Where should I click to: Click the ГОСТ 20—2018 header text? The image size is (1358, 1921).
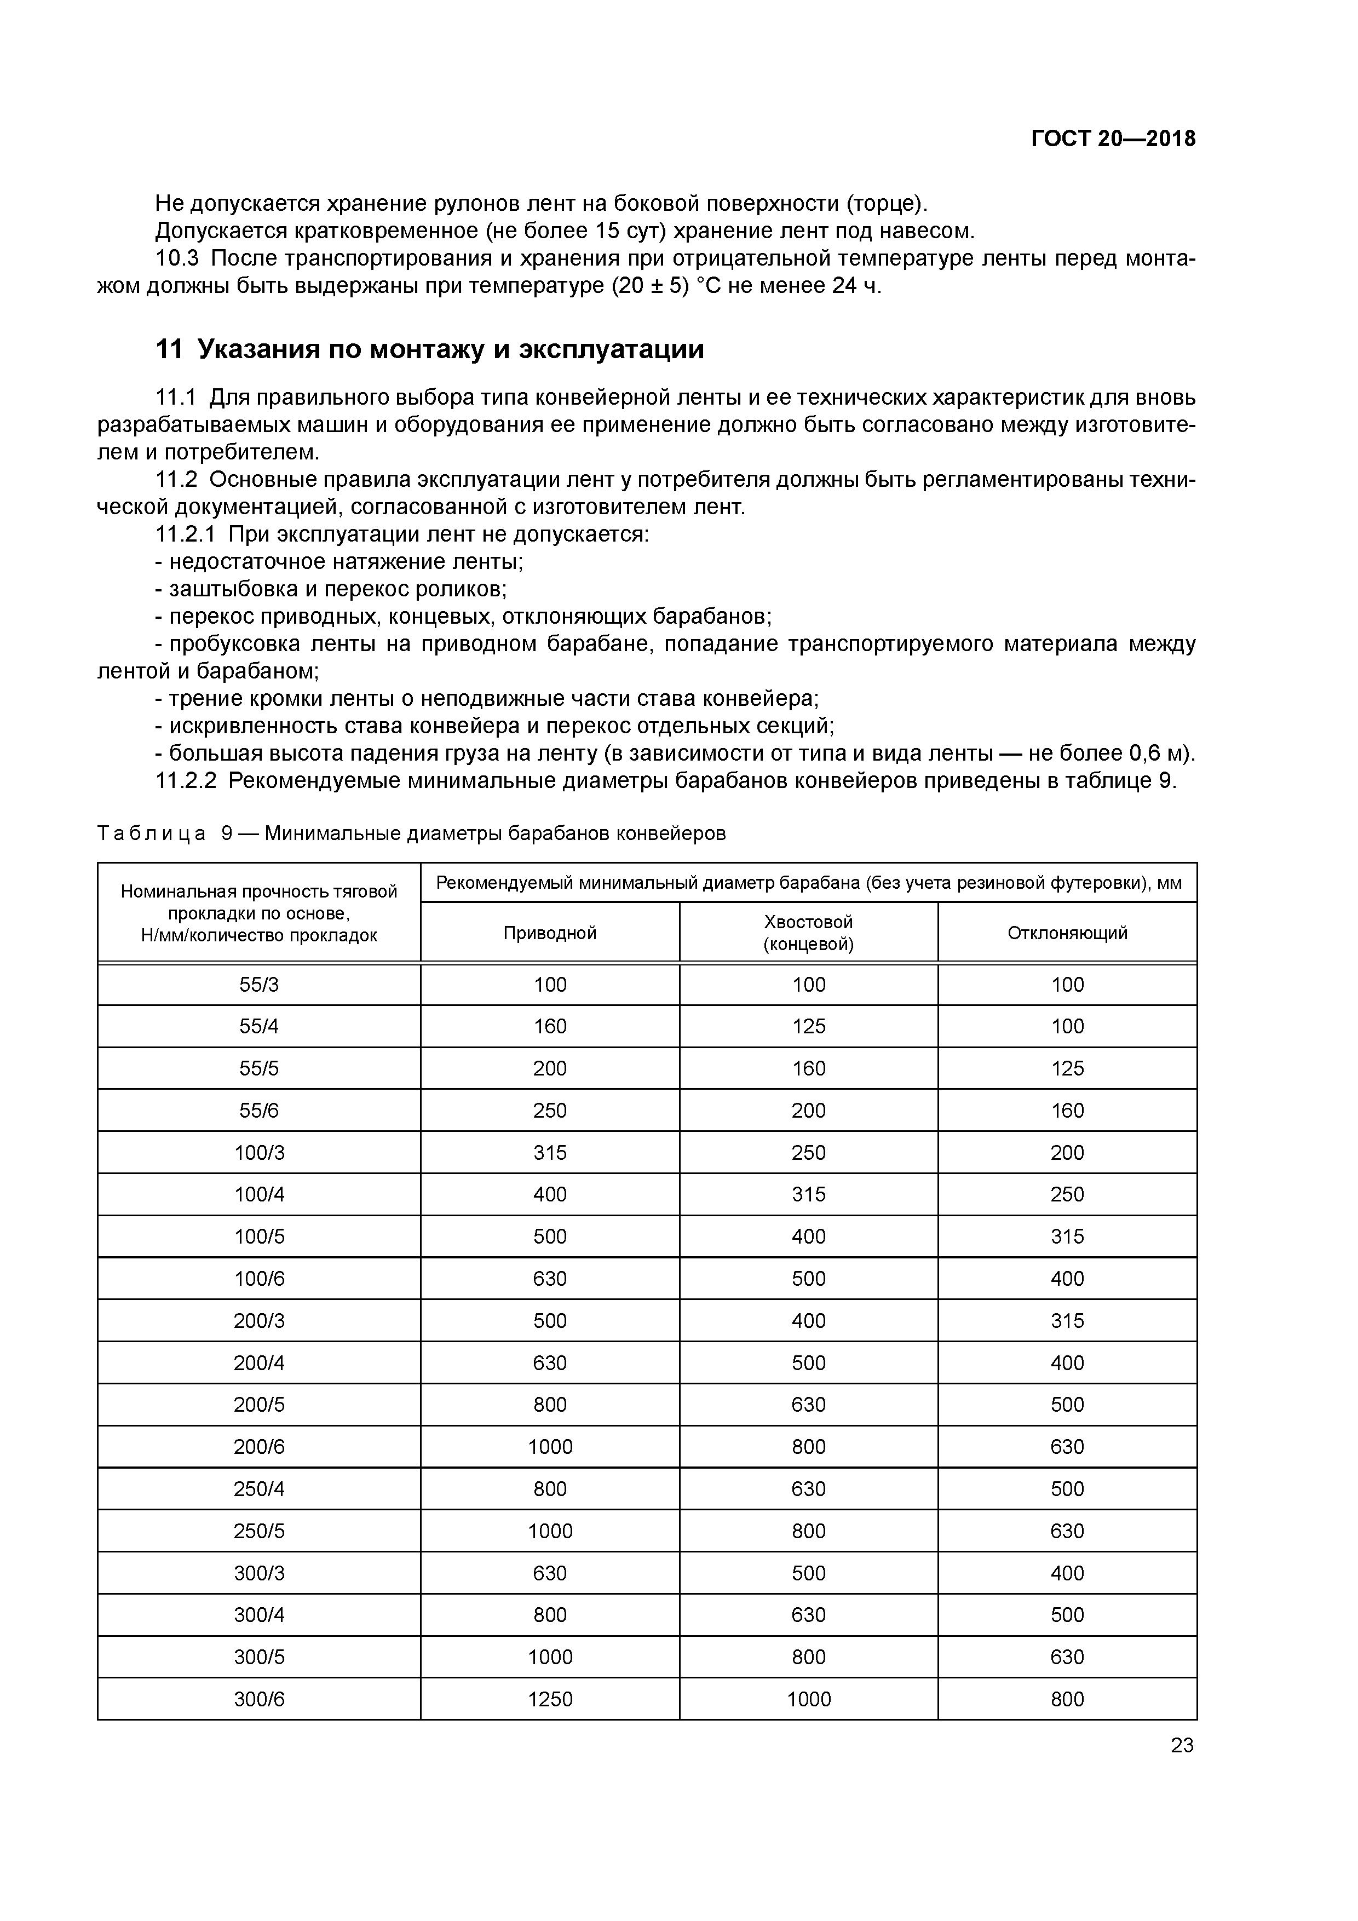tap(1112, 139)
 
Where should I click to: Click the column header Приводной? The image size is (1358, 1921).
tap(550, 933)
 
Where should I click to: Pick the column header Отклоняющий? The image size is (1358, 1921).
tap(1067, 933)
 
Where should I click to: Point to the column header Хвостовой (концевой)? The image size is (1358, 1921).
tap(808, 933)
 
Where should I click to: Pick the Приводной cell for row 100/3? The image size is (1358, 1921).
tap(550, 1153)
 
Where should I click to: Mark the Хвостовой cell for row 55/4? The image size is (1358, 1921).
tap(808, 1027)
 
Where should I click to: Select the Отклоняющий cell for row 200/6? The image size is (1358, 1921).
tap(1067, 1447)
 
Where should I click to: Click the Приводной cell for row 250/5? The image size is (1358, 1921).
tap(550, 1531)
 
